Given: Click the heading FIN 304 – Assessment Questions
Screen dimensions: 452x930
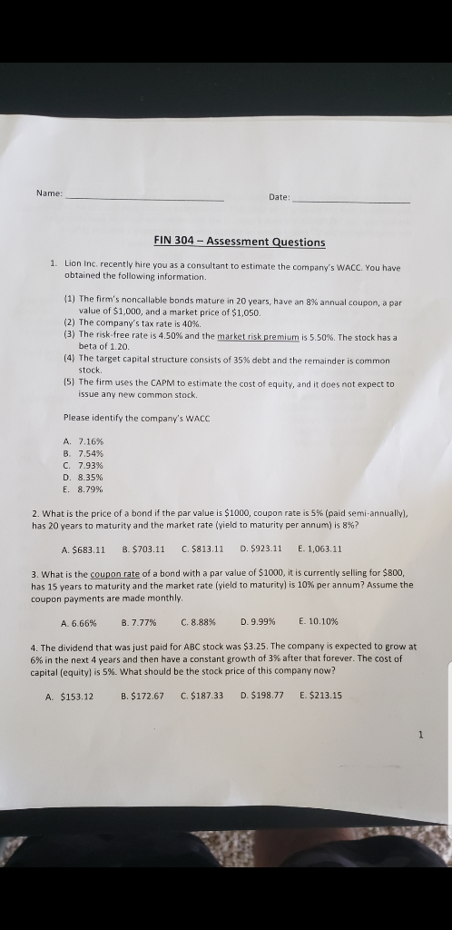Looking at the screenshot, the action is click(239, 242).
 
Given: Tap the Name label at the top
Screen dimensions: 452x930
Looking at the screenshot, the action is click(49, 193).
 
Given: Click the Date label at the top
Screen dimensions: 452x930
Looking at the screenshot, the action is click(279, 196).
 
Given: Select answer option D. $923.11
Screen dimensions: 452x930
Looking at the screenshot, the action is click(261, 549).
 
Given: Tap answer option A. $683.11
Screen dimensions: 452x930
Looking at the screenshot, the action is click(83, 549).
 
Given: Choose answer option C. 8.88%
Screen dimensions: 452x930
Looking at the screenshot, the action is click(196, 622).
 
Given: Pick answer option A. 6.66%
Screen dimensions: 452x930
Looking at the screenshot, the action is click(78, 622).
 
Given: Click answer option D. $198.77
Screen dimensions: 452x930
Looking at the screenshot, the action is click(261, 696).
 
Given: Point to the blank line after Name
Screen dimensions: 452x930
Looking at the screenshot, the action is click(145, 196).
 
